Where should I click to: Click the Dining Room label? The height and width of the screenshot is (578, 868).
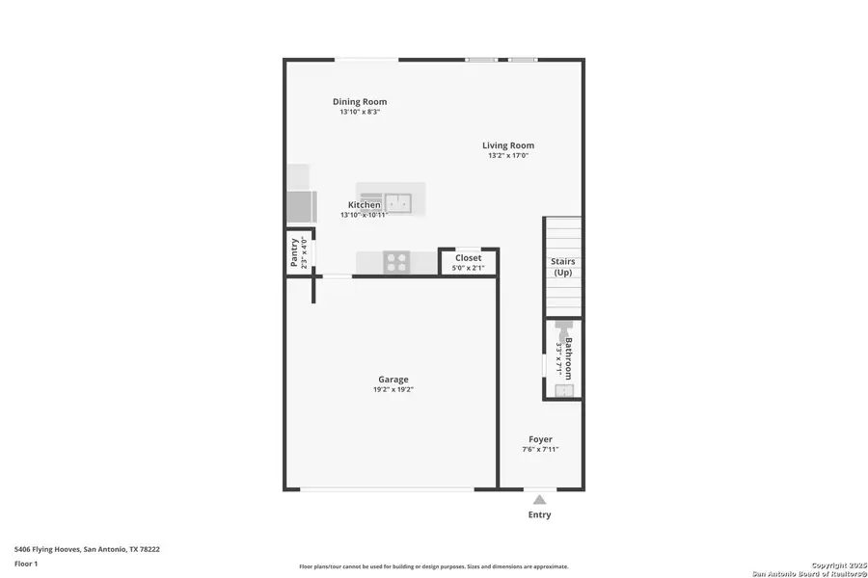point(360,101)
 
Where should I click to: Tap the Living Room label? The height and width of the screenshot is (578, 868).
point(508,145)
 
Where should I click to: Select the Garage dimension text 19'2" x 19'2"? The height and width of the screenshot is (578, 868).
point(394,390)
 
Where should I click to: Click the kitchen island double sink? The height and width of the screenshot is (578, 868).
point(397,202)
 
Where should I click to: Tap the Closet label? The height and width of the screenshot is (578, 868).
point(468,258)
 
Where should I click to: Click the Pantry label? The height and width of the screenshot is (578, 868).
point(295,252)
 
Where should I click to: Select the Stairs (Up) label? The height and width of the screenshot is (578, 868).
point(562,267)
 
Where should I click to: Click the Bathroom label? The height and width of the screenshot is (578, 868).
point(569,358)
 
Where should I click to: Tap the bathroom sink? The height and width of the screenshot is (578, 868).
point(563,390)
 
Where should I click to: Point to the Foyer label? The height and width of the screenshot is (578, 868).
point(540,439)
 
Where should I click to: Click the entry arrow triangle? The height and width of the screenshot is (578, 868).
point(540,499)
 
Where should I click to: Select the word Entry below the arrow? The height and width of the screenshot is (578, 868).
point(540,515)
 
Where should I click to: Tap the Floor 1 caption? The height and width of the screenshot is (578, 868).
point(27,563)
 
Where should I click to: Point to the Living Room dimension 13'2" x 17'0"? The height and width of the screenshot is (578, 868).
point(508,156)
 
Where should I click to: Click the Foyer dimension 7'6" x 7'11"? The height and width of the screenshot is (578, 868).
point(540,450)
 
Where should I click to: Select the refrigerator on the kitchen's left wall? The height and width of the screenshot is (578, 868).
point(300,206)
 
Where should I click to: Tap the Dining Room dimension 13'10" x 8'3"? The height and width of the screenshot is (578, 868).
point(360,112)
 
